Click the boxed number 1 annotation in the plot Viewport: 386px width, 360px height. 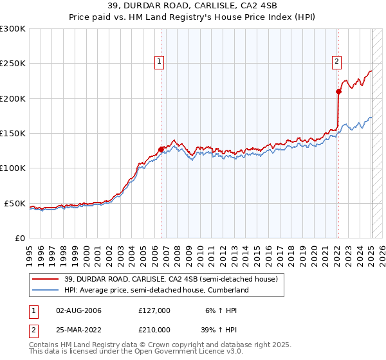(x=160, y=62)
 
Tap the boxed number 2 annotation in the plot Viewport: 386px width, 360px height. (x=336, y=62)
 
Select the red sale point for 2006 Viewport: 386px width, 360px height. (x=161, y=149)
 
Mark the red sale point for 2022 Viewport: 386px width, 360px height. (x=339, y=91)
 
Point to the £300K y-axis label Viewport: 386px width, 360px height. (x=12, y=29)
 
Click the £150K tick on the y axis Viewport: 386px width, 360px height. (x=12, y=133)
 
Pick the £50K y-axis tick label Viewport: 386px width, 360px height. (x=15, y=203)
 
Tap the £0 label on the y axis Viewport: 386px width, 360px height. (x=20, y=238)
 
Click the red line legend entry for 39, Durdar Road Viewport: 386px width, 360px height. (x=170, y=279)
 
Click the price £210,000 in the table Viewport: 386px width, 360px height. (x=154, y=329)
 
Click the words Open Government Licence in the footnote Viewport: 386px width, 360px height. (x=186, y=353)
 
